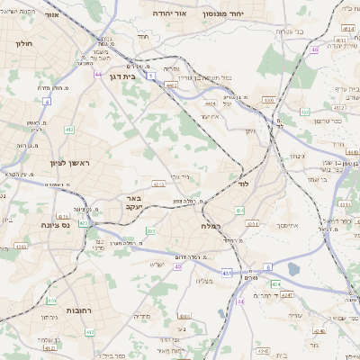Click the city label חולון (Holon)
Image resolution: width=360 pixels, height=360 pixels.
(24, 42)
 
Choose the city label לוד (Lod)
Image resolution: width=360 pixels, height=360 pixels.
(243, 184)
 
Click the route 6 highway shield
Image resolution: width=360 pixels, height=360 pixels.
(268, 267)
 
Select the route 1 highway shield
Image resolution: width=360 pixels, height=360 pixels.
(152, 76)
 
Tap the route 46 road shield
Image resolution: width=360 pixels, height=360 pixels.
(314, 49)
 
